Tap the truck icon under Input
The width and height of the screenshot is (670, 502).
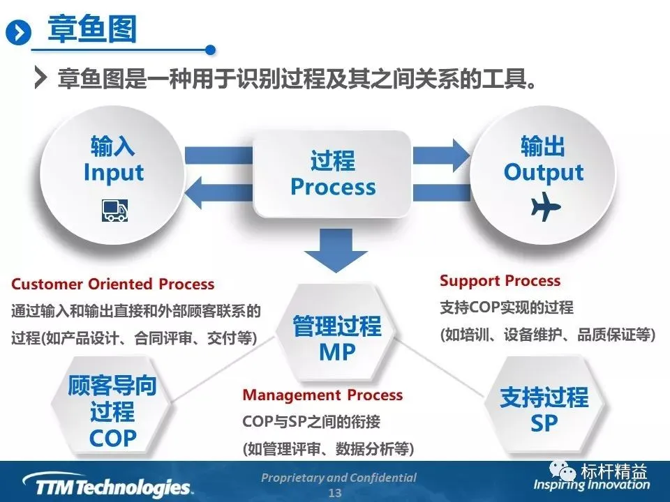(114, 209)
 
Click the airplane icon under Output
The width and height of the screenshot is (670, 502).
(545, 207)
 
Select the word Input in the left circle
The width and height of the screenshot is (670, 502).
(114, 173)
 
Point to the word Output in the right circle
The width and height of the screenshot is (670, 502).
(544, 172)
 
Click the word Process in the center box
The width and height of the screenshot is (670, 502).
(333, 187)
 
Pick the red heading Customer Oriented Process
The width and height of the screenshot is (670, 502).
(113, 284)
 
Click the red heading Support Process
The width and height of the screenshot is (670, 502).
(500, 281)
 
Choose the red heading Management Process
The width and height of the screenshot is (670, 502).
(322, 395)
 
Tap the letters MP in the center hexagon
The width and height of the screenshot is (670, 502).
(337, 352)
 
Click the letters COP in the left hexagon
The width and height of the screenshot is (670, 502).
(113, 437)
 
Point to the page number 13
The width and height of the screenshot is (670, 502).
(335, 493)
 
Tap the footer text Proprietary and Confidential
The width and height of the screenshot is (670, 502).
(338, 478)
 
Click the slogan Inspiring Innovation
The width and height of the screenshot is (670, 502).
(592, 485)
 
